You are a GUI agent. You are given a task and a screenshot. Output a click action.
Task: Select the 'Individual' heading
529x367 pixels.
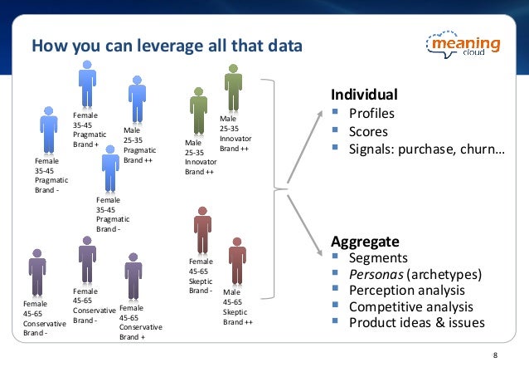(364, 94)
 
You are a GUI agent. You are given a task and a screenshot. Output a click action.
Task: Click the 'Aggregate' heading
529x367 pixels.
(366, 242)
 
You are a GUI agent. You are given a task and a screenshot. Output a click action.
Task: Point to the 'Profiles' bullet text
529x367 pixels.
(371, 114)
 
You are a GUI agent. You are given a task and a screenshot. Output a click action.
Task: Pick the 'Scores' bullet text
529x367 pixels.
(368, 131)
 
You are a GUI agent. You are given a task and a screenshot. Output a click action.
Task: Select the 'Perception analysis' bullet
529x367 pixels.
(405, 291)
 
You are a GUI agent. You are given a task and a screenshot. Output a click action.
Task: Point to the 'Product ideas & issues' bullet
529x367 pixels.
(416, 322)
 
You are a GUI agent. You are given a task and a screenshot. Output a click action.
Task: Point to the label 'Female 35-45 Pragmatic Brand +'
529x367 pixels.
(85, 129)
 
